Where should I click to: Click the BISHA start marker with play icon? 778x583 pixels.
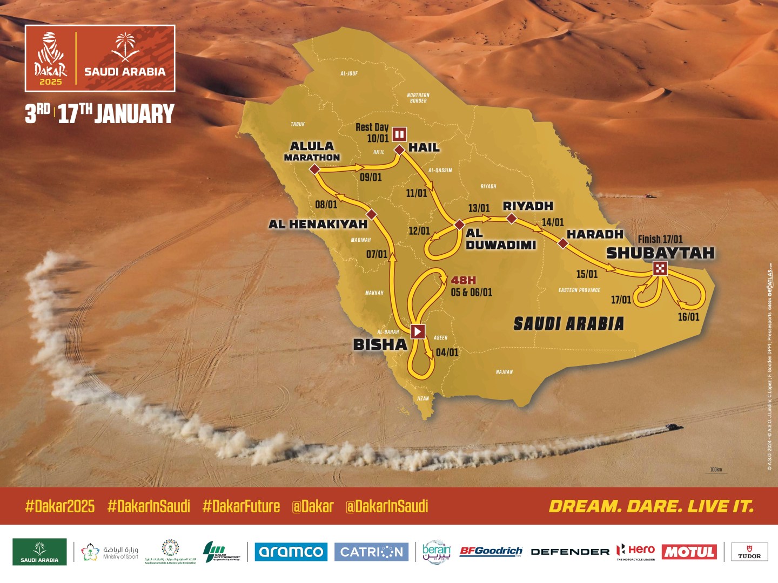(418, 331)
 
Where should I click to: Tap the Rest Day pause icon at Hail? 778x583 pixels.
(399, 133)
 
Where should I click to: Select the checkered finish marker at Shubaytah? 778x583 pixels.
(660, 268)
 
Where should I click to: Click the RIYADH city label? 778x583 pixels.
(528, 206)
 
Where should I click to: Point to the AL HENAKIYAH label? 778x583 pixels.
(318, 224)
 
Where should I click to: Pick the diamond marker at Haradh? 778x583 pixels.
(563, 243)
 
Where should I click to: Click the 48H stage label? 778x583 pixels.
(464, 280)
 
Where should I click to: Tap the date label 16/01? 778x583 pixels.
(688, 317)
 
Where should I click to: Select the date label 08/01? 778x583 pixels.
(326, 204)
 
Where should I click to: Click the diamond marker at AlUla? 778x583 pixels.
(314, 170)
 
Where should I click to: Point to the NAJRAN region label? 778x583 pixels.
(504, 372)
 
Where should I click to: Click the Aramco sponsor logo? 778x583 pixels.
(291, 552)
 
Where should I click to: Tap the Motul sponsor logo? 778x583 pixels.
(689, 552)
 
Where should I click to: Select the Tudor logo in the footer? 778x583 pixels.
(749, 552)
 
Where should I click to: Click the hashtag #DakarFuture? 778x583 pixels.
(241, 506)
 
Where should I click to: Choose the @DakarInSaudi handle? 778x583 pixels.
(387, 506)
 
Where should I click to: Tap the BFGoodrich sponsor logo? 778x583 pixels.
(491, 551)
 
